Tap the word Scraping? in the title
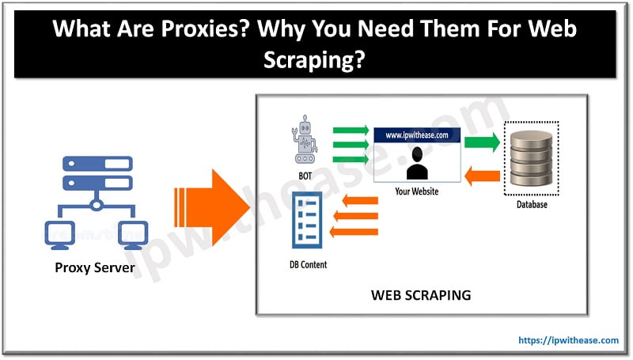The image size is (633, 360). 314,59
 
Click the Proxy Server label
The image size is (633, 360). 95,267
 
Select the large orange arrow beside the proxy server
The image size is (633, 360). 212,207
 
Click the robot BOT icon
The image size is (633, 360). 305,139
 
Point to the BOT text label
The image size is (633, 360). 305,176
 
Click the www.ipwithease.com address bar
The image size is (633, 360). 417,135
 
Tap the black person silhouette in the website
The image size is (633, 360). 417,163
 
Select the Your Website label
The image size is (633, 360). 417,191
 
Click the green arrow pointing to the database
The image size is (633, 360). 482,142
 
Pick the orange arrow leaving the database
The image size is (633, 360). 482,176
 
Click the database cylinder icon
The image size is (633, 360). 531,158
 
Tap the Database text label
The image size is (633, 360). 532,205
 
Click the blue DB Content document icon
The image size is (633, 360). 307,220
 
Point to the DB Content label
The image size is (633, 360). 308,265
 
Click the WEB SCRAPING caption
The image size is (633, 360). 421,295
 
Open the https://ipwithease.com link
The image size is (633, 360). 568,340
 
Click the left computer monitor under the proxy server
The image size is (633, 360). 60,235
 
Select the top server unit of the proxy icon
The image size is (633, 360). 97,164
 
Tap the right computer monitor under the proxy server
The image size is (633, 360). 133,235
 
